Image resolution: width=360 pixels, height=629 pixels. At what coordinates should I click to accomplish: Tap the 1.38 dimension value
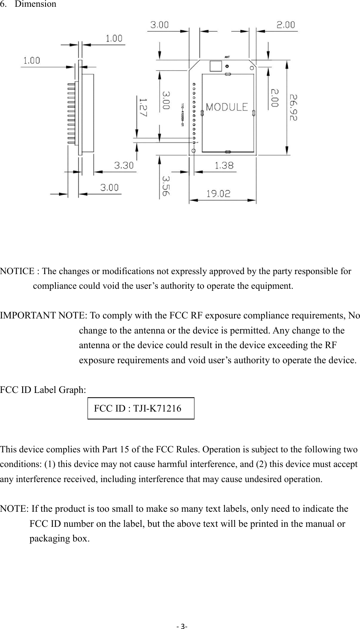(224, 166)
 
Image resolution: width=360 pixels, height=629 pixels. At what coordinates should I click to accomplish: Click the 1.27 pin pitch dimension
(142, 107)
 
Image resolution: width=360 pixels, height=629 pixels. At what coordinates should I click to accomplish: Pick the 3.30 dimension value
(124, 165)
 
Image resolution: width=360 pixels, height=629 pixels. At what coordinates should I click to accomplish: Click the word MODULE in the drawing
(227, 107)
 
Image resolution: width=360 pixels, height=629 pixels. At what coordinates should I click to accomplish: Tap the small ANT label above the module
(227, 57)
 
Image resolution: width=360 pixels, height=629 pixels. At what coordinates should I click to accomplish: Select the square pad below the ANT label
(215, 66)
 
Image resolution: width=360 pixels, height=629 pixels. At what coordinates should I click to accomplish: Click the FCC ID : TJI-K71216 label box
(141, 408)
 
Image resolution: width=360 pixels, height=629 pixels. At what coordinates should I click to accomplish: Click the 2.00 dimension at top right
(285, 25)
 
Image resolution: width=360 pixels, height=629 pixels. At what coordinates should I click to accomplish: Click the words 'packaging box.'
(59, 539)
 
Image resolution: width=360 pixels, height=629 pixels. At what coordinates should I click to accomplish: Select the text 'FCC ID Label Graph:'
(43, 390)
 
